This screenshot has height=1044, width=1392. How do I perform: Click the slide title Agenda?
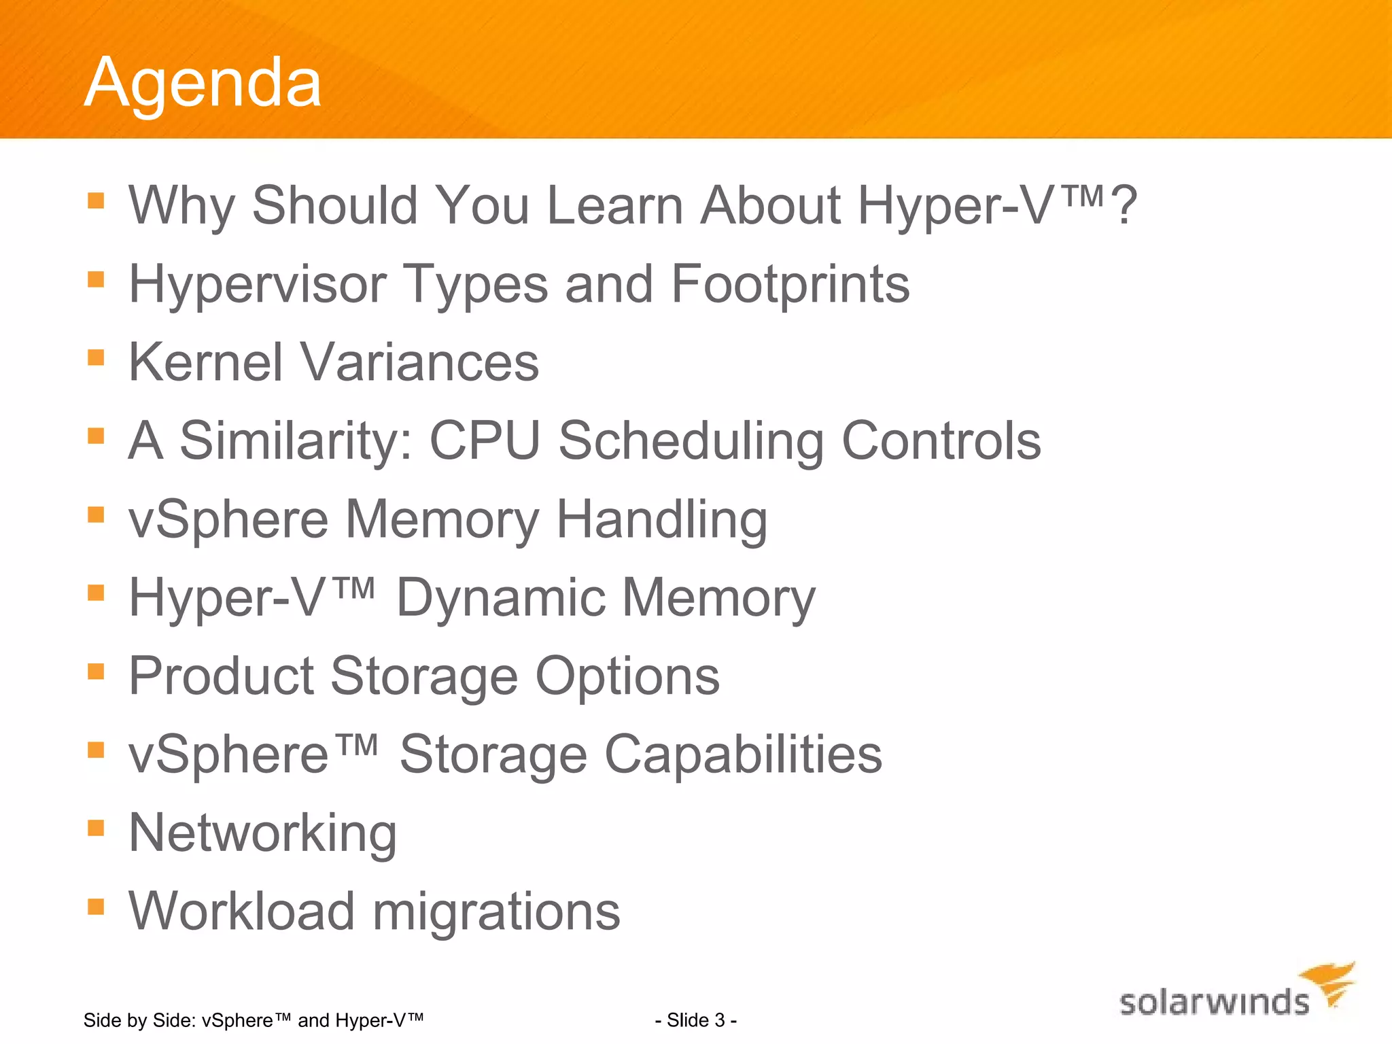point(203,83)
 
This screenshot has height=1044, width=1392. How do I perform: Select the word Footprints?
point(790,284)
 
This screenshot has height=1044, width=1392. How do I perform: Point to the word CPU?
point(485,440)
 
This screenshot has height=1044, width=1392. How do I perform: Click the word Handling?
point(661,520)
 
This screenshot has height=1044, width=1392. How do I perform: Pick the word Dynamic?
point(502,598)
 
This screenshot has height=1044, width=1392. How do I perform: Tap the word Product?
point(221,676)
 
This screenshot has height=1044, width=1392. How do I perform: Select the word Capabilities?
point(743,755)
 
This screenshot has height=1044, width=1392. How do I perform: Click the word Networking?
point(262,834)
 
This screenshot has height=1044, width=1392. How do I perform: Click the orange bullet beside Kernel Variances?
point(96,358)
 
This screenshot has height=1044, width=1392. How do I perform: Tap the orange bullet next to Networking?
point(96,828)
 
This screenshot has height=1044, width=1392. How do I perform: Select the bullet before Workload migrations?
point(96,906)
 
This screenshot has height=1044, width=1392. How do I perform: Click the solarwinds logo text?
point(1213,1003)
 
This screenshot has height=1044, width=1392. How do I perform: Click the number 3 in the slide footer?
point(719,1020)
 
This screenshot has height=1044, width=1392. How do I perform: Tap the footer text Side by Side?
point(139,1020)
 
